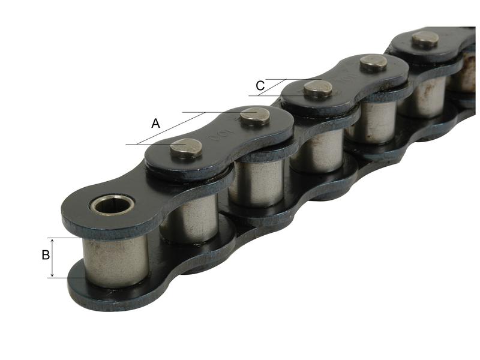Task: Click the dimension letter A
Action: click(155, 124)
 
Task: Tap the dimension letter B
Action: click(46, 256)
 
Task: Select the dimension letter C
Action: click(260, 86)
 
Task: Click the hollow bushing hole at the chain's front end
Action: click(112, 205)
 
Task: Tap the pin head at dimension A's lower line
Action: click(186, 148)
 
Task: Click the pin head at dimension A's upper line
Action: click(256, 115)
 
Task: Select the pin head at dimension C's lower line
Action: click(317, 89)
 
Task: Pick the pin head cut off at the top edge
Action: click(425, 39)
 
